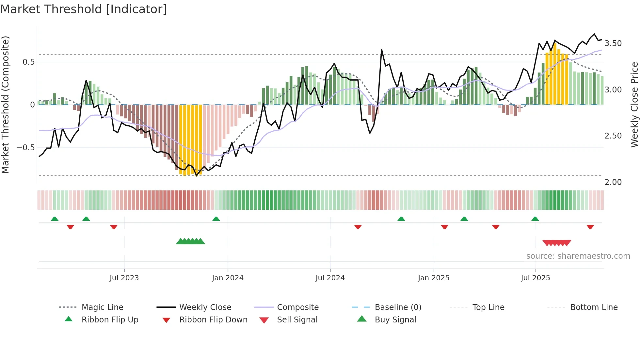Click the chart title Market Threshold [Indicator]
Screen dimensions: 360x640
pyautogui.click(x=84, y=9)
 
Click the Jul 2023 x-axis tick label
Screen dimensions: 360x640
pyautogui.click(x=124, y=278)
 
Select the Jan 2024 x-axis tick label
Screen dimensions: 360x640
pyautogui.click(x=228, y=278)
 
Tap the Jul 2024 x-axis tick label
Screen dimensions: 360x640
pyautogui.click(x=330, y=278)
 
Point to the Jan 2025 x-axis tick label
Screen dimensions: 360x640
pyautogui.click(x=434, y=278)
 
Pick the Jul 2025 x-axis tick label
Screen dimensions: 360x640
pyautogui.click(x=536, y=278)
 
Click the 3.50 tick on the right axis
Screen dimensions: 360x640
pyautogui.click(x=613, y=43)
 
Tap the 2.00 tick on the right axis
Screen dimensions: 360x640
pyautogui.click(x=613, y=182)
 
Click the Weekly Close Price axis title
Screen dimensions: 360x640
pyautogui.click(x=634, y=105)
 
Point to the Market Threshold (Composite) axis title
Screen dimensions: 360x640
pyautogui.click(x=5, y=105)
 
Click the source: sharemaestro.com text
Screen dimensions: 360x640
pyautogui.click(x=578, y=256)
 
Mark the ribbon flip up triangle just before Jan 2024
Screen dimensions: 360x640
pyautogui.click(x=216, y=219)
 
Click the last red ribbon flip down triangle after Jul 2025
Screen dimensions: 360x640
pyautogui.click(x=590, y=227)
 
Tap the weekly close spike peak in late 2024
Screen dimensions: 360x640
pyautogui.click(x=381, y=50)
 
